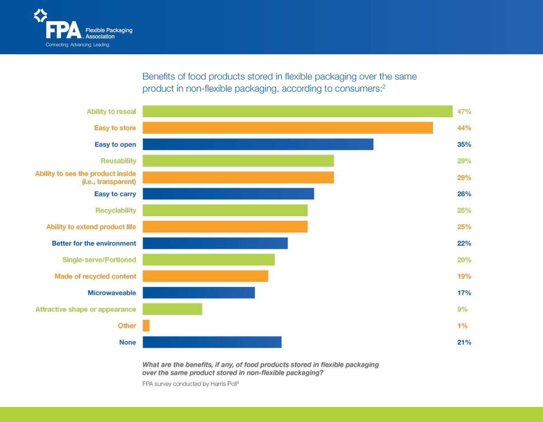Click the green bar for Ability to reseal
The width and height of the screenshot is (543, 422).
[x=297, y=111]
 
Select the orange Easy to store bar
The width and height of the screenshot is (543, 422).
[x=287, y=128]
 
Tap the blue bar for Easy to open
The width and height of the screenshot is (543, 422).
[x=258, y=144]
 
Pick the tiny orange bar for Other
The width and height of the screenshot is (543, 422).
[x=146, y=326]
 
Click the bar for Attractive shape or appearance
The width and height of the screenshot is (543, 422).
[x=172, y=309]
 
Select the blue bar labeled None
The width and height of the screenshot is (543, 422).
[x=212, y=342]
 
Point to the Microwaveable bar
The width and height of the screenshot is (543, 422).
[x=199, y=293]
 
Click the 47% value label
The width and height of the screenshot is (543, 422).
[x=464, y=111]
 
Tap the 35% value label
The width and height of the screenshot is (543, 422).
[x=464, y=144]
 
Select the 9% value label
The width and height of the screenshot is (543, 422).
[x=462, y=309]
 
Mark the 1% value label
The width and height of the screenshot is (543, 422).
[x=462, y=326]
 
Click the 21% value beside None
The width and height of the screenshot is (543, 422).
[x=464, y=342]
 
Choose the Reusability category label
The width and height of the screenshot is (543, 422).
[x=118, y=161]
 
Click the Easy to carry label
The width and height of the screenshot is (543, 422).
[x=115, y=194]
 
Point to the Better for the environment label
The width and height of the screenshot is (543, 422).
[x=94, y=243]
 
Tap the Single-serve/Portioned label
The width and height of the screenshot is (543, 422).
[x=99, y=260]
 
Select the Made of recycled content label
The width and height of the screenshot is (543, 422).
[x=95, y=276]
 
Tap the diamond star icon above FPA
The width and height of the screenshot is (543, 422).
[x=41, y=16]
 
